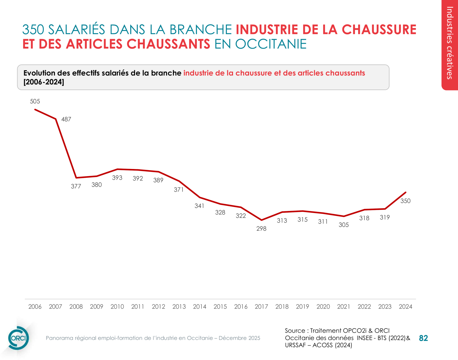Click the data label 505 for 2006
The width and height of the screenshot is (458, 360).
click(35, 102)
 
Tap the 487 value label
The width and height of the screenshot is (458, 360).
click(66, 119)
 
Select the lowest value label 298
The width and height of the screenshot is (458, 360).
click(261, 228)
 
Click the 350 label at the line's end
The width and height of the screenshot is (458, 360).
click(405, 201)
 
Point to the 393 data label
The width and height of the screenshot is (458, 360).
click(117, 178)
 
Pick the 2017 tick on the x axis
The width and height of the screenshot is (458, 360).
click(261, 307)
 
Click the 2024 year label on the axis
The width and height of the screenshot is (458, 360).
click(405, 307)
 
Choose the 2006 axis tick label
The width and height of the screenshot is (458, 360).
click(35, 307)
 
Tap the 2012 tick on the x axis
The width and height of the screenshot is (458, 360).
click(158, 307)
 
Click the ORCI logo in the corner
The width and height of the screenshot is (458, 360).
click(18, 338)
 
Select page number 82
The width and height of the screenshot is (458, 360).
click(423, 338)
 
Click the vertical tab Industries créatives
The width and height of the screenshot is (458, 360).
click(450, 43)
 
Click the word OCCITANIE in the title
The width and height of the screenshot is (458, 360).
click(271, 44)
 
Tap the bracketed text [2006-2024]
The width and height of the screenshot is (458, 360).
click(44, 82)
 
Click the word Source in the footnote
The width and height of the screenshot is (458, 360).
click(295, 331)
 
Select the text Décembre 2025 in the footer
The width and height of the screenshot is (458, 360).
click(239, 338)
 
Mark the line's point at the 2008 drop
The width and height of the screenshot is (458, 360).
click(76, 178)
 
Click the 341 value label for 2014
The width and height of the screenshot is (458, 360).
click(200, 206)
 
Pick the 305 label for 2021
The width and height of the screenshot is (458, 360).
click(343, 225)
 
